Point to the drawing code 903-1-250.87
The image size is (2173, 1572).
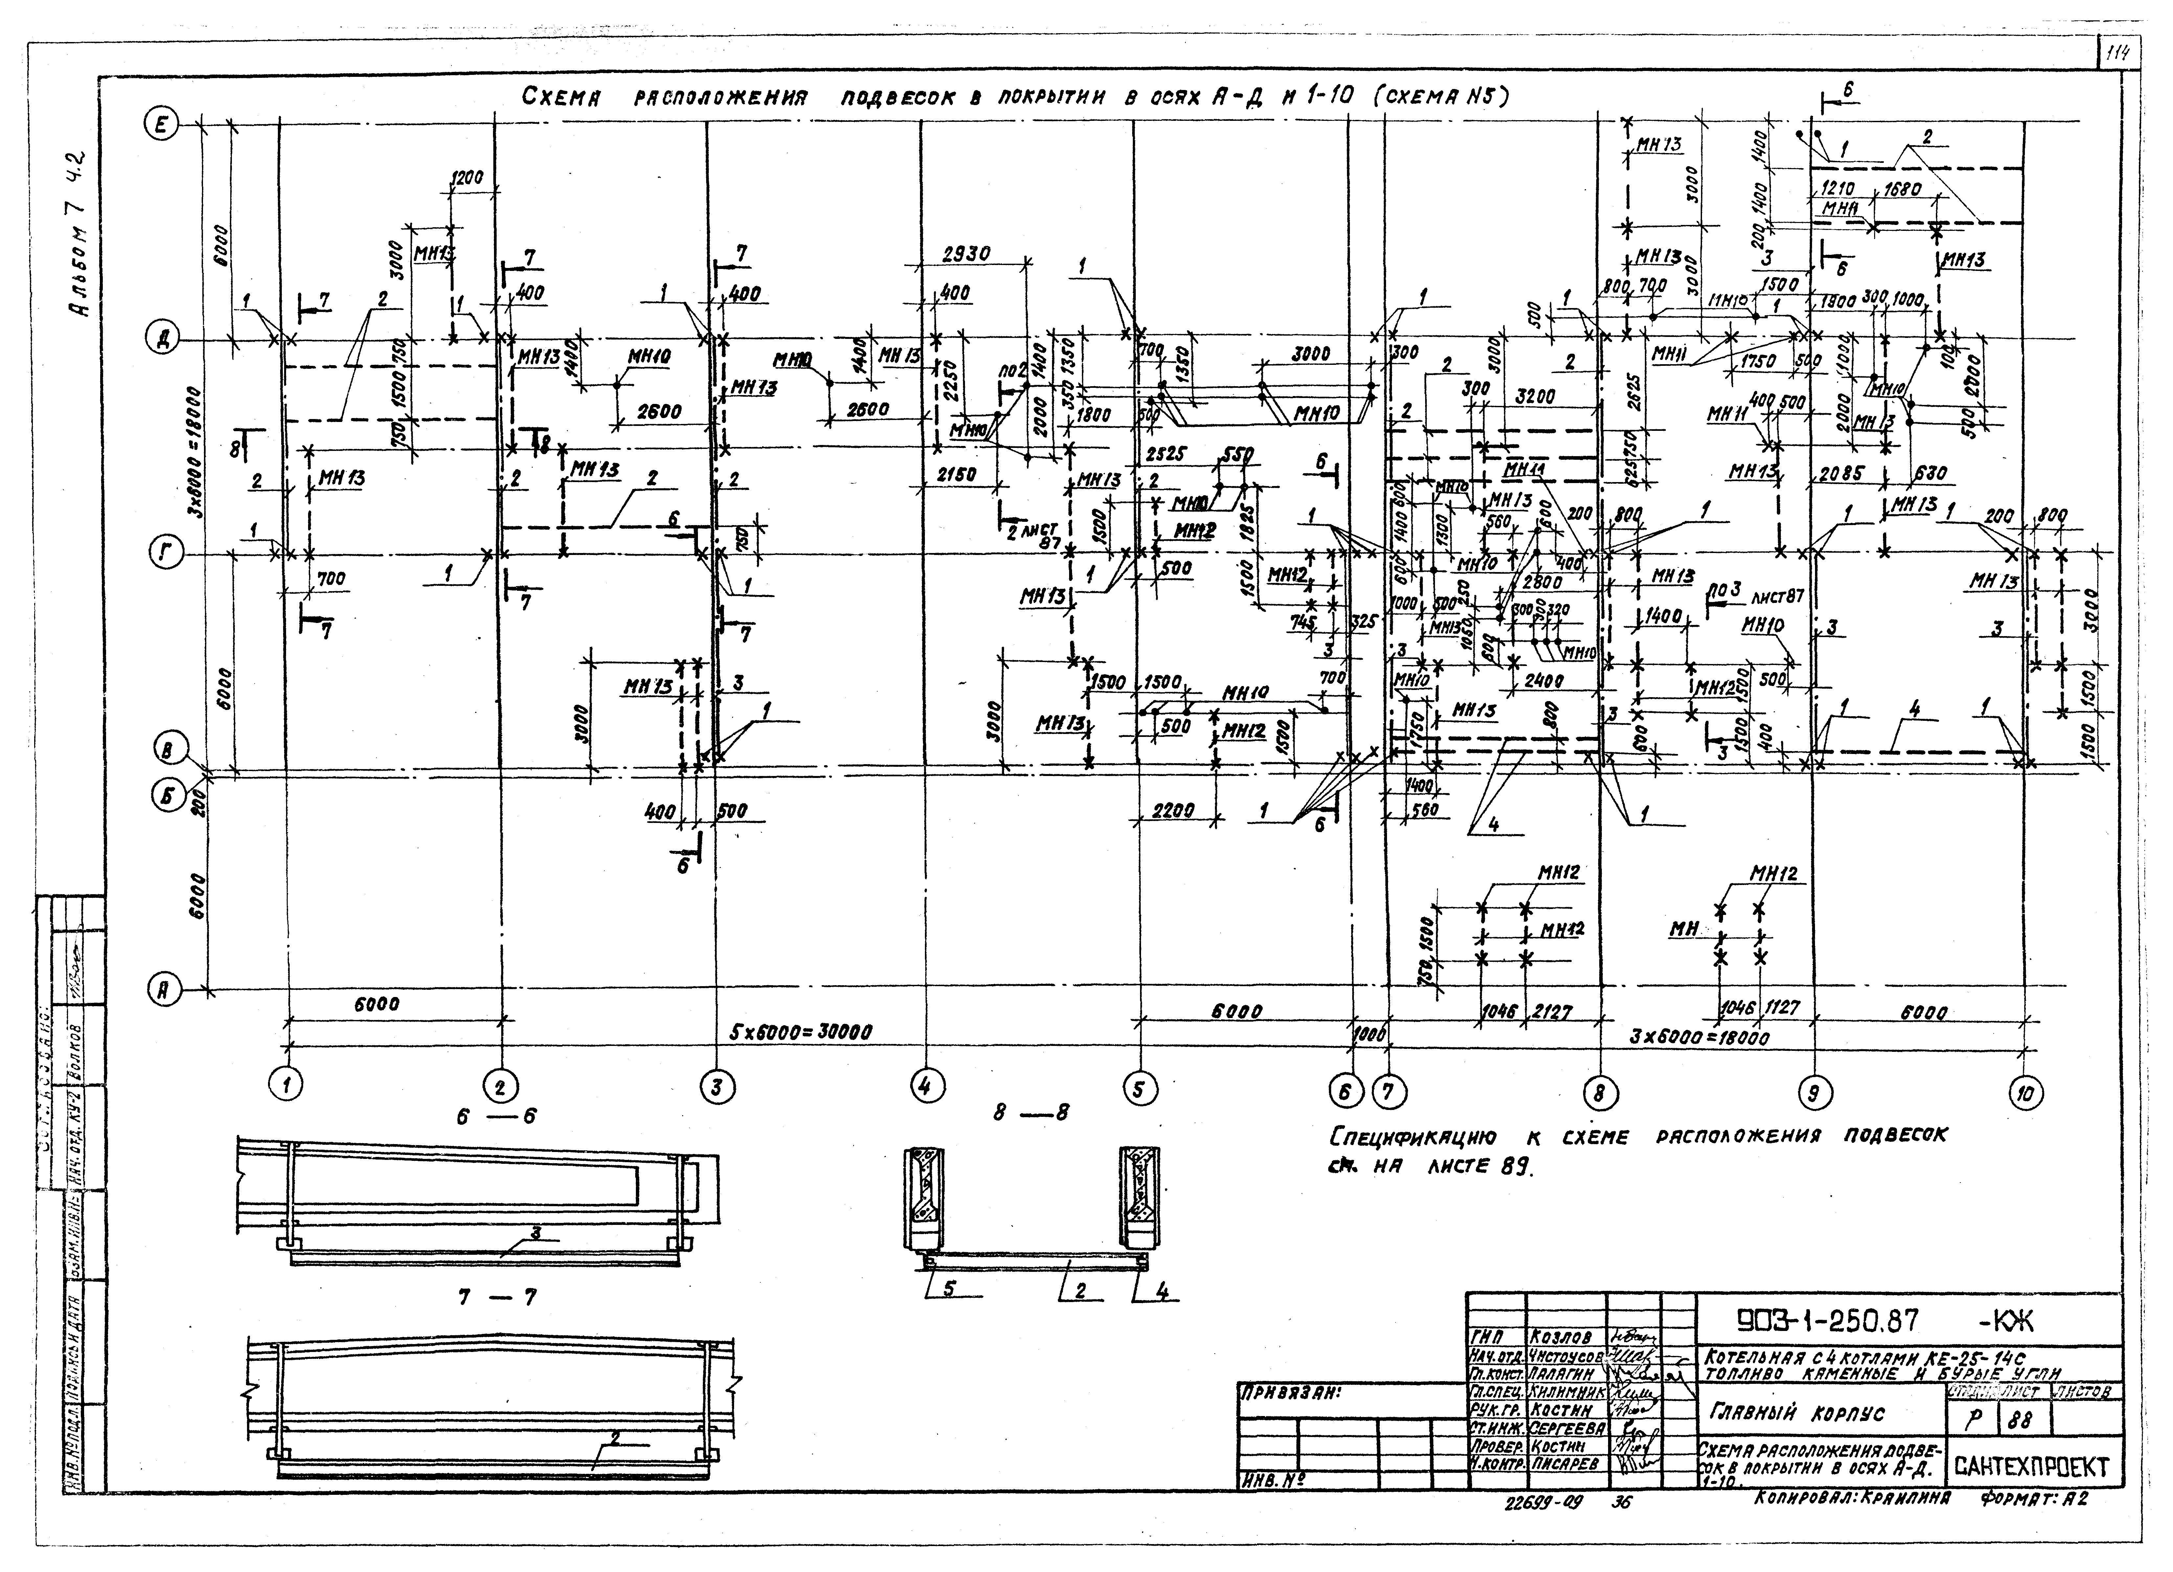coord(1828,1322)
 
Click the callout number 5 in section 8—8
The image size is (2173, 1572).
coord(949,1289)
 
